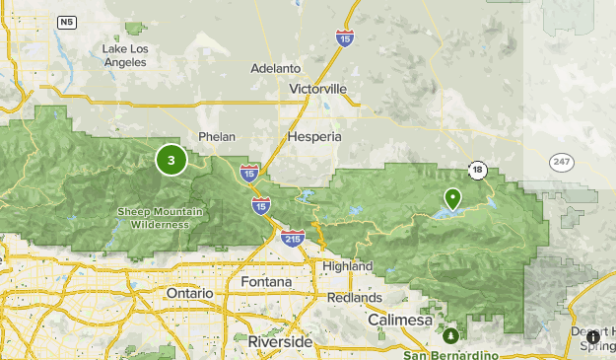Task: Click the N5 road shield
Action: [x=66, y=21]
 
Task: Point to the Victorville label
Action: [x=318, y=89]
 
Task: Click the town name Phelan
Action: [x=217, y=136]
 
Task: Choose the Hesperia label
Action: [x=314, y=136]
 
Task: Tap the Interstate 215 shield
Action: [x=292, y=239]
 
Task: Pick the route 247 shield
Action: [x=562, y=160]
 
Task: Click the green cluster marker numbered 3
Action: [x=171, y=160]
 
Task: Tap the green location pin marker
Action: [x=452, y=200]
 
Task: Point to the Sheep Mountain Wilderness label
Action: [x=153, y=217]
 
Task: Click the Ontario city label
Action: [x=189, y=294]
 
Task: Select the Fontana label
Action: [x=266, y=282]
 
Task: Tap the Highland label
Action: [x=347, y=266]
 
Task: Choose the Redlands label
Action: [x=356, y=297]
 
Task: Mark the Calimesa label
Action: [x=400, y=321]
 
